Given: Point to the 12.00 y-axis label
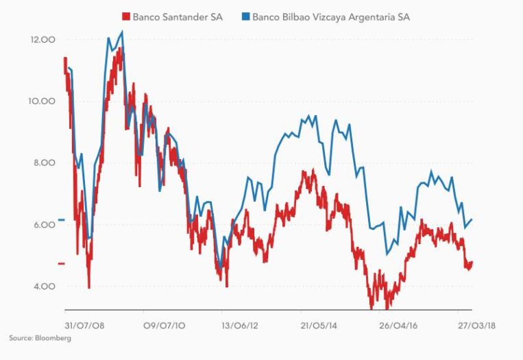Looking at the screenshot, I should pos(42,40).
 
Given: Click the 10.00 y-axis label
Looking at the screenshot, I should pos(42,101).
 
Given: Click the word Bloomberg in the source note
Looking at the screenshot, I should pos(55,338).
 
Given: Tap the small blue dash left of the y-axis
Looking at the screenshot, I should pos(61,219).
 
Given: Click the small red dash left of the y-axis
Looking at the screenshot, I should pos(61,263).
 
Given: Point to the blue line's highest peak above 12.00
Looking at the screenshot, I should pos(122,32).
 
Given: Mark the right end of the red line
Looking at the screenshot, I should pos(472,263).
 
